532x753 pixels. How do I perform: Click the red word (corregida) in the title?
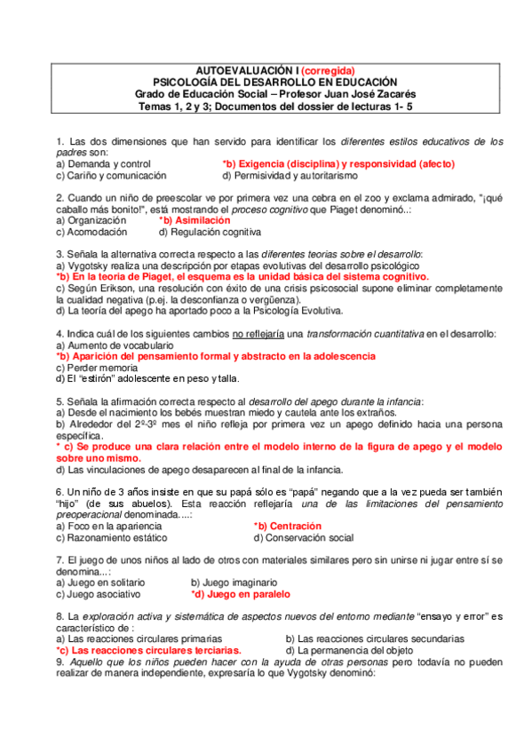pos(328,70)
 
